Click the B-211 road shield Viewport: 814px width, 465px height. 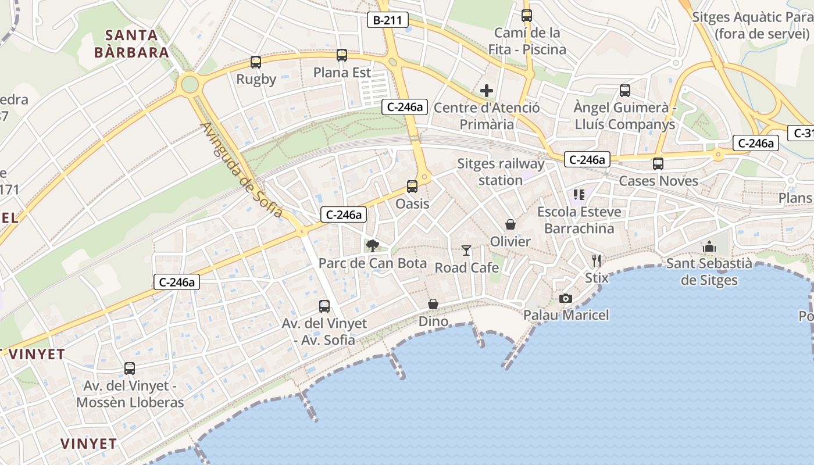388,20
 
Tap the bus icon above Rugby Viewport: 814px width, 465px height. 256,62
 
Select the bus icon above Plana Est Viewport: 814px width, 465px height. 342,55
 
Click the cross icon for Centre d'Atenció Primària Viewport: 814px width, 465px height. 487,91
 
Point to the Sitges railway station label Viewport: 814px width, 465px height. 501,172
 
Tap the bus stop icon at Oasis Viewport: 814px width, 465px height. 412,187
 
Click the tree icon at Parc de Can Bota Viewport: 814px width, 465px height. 373,246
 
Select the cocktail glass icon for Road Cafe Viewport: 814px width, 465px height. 466,251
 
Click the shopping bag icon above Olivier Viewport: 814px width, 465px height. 510,224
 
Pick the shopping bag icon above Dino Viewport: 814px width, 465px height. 433,304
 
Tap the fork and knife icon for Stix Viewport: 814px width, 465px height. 597,260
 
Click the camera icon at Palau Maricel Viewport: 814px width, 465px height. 565,298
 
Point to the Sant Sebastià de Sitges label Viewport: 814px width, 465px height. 709,272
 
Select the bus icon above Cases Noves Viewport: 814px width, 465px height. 658,164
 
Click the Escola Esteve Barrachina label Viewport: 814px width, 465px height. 579,220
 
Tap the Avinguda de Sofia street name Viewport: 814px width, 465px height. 242,170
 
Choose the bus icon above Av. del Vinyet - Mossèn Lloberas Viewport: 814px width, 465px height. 130,369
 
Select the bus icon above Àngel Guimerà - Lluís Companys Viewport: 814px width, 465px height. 625,91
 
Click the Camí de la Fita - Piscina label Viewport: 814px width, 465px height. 527,41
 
